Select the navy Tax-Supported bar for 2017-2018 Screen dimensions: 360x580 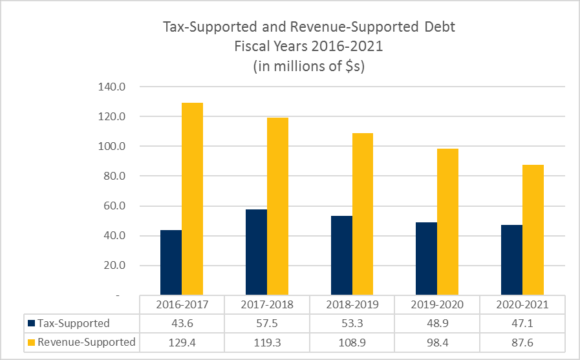tap(256, 252)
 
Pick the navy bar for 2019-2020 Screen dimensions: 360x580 tap(426, 259)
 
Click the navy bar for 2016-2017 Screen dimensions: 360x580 tap(171, 262)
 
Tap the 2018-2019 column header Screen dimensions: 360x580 tap(352, 304)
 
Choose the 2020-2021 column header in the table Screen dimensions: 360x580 tap(522, 304)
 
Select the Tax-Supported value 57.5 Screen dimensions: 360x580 tap(266, 323)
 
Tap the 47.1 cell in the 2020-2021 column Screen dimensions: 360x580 tap(522, 323)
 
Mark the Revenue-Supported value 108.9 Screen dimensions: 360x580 tap(352, 342)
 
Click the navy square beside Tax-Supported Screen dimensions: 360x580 tap(30, 323)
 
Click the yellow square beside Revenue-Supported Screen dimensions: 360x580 tap(30, 342)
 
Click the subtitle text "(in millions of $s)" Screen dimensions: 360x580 tap(308, 67)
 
